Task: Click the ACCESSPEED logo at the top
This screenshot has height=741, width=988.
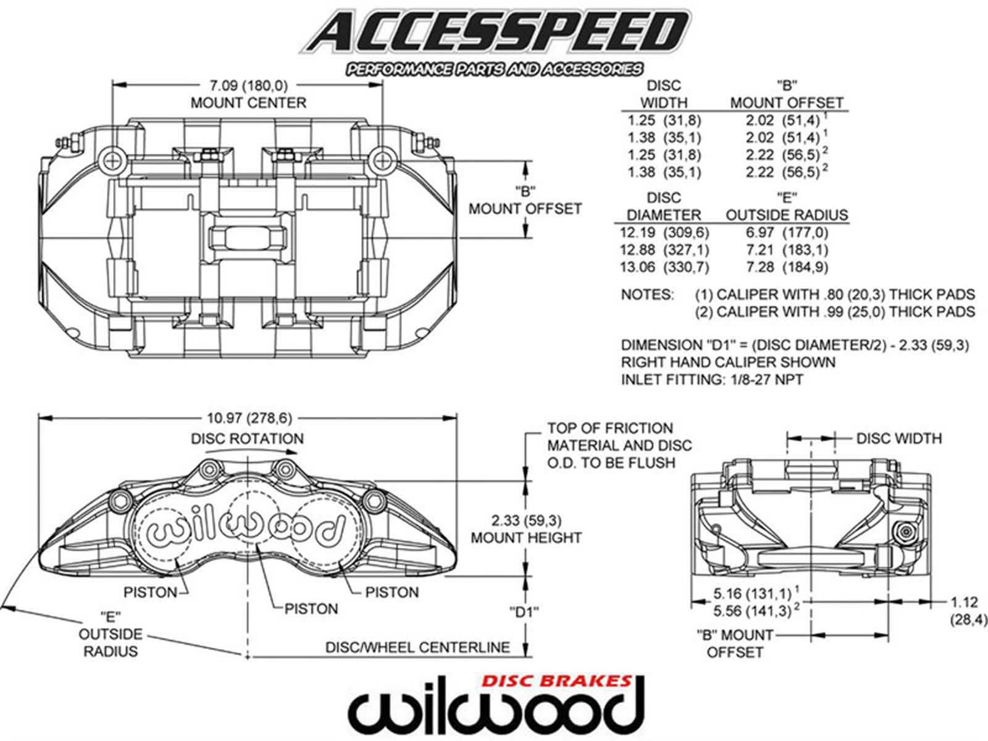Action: [x=495, y=41]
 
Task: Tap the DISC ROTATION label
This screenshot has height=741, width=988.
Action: [x=247, y=438]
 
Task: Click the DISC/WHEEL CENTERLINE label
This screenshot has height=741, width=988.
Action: [x=417, y=647]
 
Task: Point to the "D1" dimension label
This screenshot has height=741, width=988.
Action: [x=524, y=613]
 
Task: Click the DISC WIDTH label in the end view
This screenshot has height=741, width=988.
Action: [x=899, y=438]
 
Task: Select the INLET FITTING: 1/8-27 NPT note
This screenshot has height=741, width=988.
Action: [x=712, y=380]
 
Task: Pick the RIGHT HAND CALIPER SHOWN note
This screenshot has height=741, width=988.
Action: [x=728, y=362]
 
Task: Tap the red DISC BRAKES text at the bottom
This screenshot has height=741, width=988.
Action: [x=557, y=681]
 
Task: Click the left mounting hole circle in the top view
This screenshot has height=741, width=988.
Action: [x=112, y=160]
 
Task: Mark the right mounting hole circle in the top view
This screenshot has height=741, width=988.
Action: [x=382, y=160]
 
